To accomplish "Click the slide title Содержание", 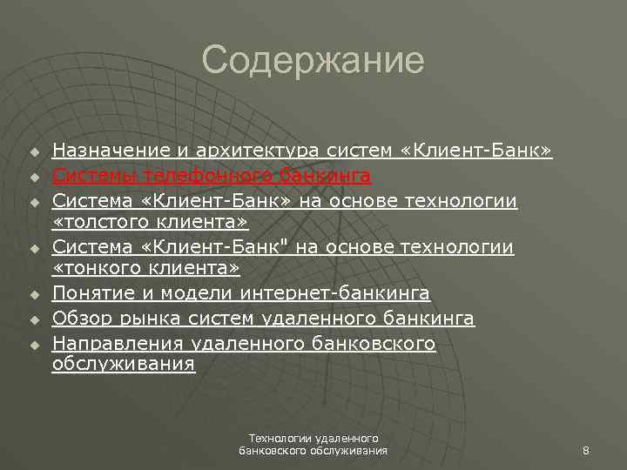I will coord(313,61).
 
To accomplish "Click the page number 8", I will coord(586,450).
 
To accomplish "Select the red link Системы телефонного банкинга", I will coord(212,177).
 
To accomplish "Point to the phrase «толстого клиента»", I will coord(151,223).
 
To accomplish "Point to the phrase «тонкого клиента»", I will coord(145,270).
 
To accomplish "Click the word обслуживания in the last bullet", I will coord(123,365).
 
